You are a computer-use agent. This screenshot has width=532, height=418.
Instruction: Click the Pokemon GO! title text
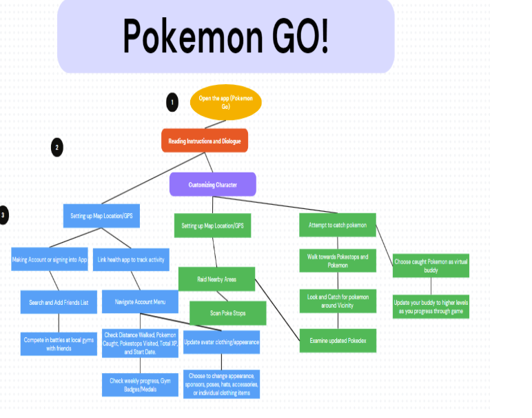click(225, 36)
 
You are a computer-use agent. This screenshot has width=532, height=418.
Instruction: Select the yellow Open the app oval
click(225, 102)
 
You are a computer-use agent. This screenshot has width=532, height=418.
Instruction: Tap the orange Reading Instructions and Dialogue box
click(204, 141)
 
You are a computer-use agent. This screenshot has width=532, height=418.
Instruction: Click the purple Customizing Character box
click(212, 184)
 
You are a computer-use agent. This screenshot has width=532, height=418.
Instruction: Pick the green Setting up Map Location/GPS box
click(212, 226)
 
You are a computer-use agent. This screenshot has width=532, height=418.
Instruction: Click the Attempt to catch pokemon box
click(338, 225)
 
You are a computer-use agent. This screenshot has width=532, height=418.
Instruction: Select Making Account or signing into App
click(50, 259)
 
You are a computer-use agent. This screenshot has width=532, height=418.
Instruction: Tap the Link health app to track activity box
click(131, 259)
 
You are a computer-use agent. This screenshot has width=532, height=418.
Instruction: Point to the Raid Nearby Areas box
click(216, 279)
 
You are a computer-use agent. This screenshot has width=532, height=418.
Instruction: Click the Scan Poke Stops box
click(227, 312)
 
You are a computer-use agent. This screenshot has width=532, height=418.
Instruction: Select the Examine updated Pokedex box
click(338, 340)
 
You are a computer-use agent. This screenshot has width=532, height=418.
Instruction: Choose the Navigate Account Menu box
click(141, 301)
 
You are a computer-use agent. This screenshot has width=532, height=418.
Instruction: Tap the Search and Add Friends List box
click(59, 301)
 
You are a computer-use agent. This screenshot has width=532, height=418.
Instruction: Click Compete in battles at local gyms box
click(59, 344)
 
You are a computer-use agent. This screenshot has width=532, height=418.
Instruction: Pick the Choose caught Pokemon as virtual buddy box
click(431, 266)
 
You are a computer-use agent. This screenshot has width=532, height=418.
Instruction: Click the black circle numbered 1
click(172, 103)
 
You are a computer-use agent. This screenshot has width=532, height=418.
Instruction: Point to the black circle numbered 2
click(57, 147)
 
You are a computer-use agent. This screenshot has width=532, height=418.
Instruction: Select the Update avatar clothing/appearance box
click(221, 341)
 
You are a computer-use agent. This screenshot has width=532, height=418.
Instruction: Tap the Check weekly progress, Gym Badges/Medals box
click(141, 385)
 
